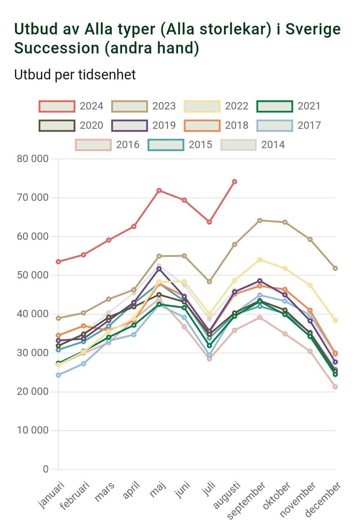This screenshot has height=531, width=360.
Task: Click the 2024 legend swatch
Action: (x=57, y=106)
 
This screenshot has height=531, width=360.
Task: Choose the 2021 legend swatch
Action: (x=274, y=106)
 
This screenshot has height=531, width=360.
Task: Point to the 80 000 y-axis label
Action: (x=32, y=159)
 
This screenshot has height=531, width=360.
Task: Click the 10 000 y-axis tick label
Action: (x=32, y=430)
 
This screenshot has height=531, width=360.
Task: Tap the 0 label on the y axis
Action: (x=46, y=469)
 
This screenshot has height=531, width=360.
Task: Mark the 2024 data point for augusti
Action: (x=234, y=181)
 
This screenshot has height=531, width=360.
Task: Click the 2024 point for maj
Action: (x=159, y=190)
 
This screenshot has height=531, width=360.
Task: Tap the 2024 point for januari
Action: (x=58, y=261)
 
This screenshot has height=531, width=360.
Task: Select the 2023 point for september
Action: (x=259, y=220)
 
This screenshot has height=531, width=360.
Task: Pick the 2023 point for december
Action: (x=335, y=268)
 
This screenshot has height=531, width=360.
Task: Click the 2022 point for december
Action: (x=335, y=320)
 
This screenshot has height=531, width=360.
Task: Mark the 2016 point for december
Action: (x=335, y=387)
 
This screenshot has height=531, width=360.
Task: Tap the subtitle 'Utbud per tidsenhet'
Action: (x=75, y=75)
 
